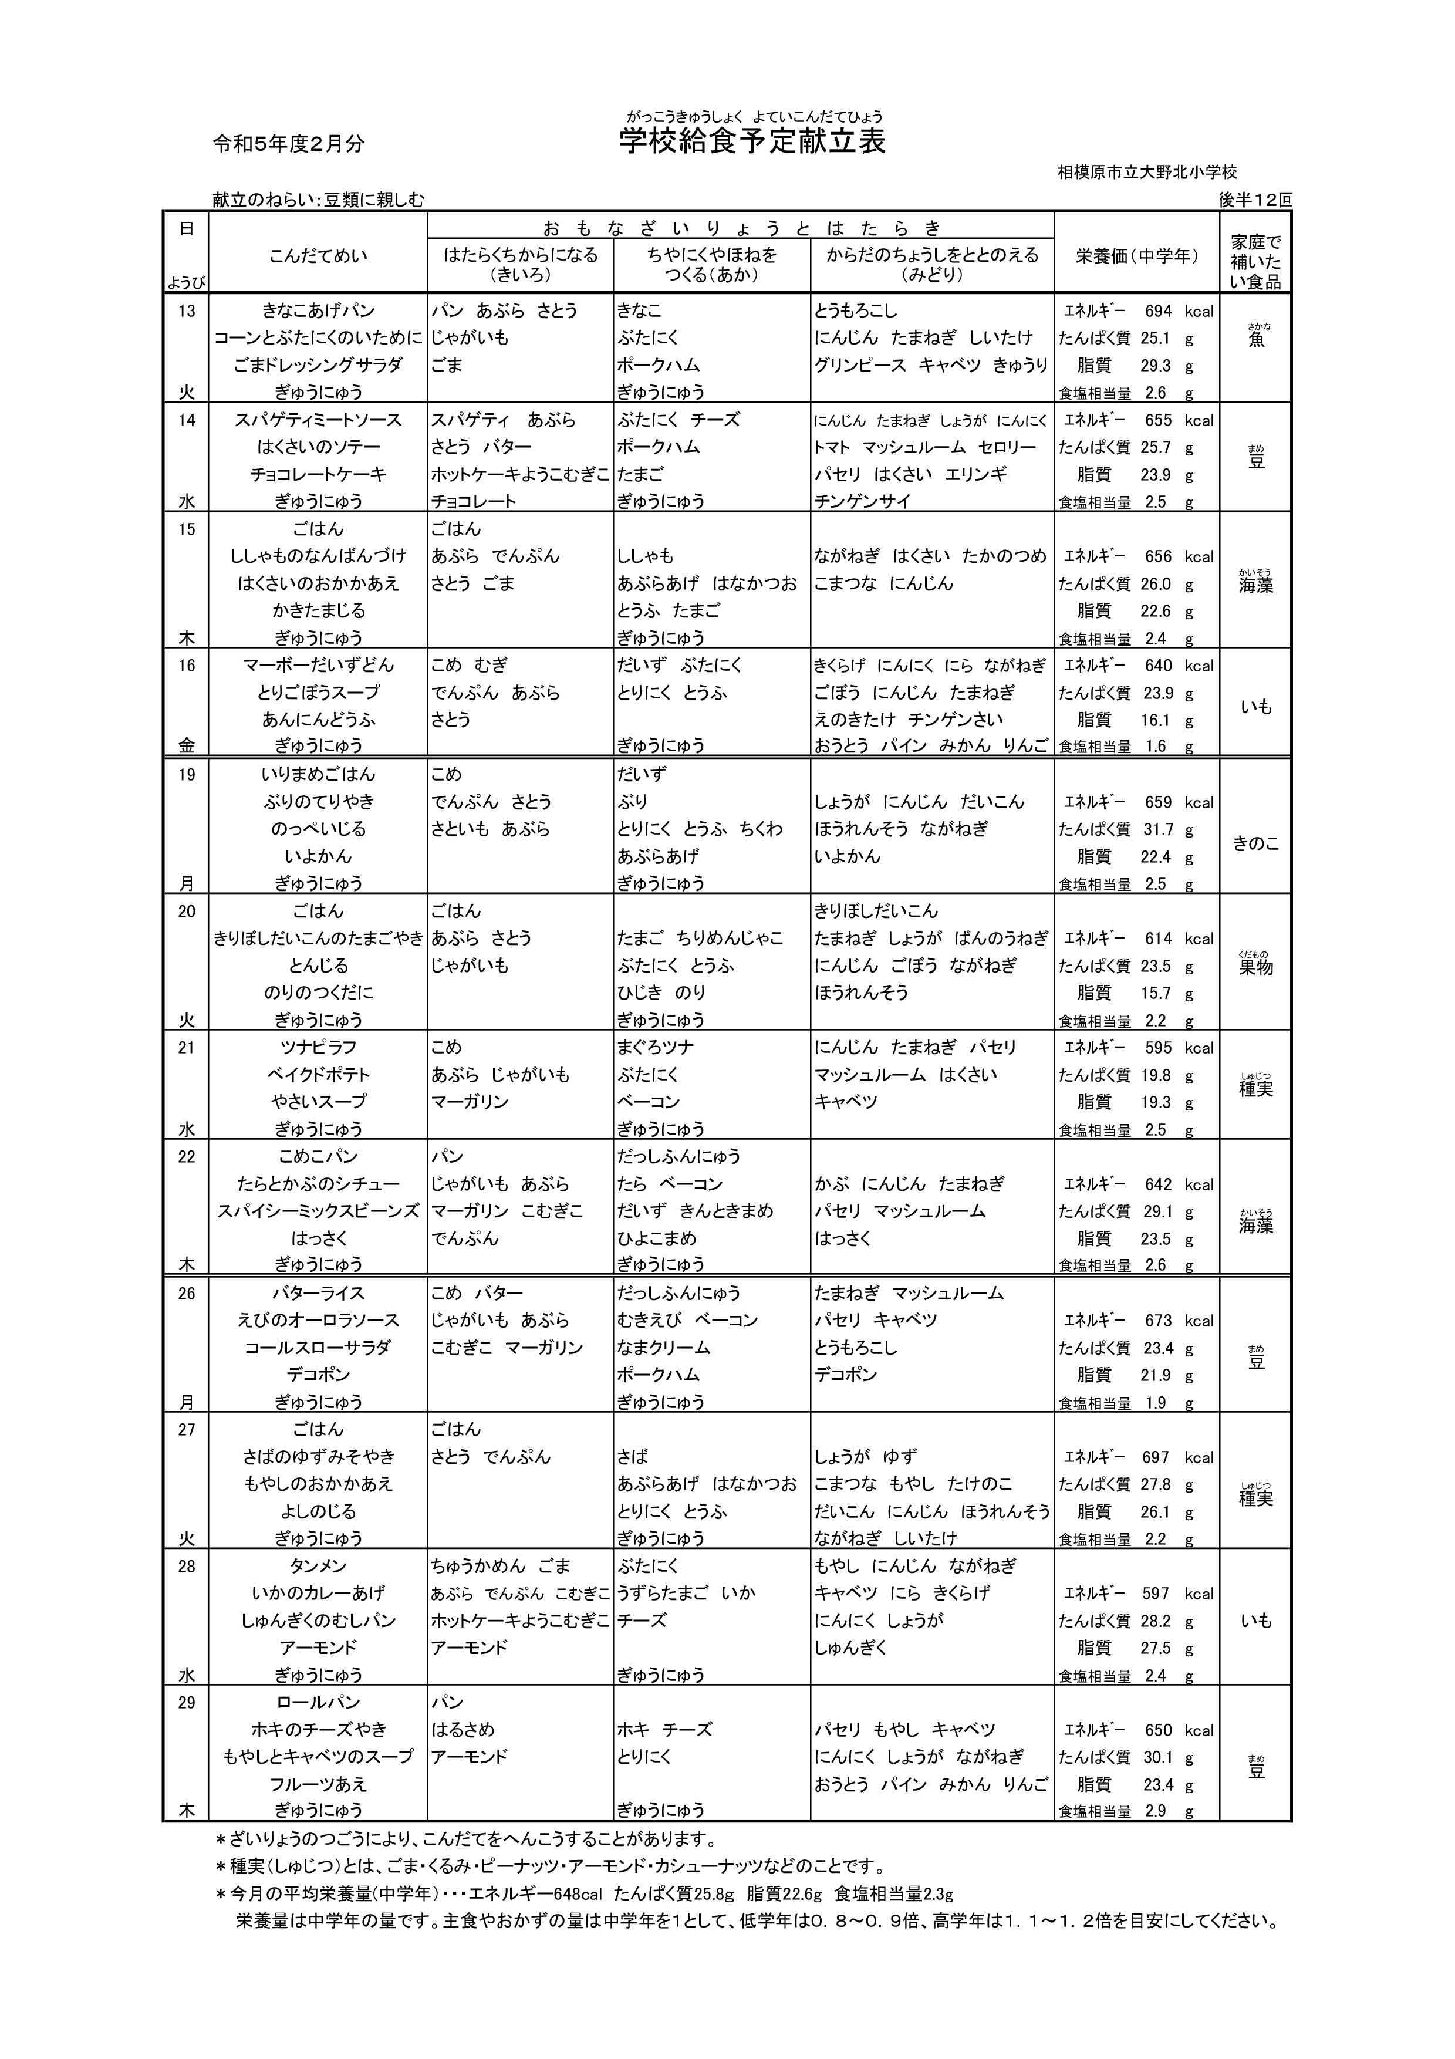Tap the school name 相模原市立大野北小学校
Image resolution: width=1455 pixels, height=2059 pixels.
point(1147,171)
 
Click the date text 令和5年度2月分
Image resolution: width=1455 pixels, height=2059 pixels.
point(289,143)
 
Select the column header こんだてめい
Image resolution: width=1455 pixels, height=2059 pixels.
point(318,256)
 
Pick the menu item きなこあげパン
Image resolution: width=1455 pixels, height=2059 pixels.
point(318,311)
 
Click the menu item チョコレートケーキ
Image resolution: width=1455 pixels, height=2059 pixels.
point(318,474)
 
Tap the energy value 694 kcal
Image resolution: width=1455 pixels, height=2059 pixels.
point(1157,311)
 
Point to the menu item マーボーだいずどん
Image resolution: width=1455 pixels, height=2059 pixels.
point(318,666)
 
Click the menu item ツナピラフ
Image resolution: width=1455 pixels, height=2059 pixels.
point(318,1048)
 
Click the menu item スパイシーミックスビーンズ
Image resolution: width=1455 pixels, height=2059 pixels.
point(318,1211)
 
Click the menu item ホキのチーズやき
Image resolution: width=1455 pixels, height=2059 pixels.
point(318,1729)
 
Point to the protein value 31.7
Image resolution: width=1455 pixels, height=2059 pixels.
point(1156,829)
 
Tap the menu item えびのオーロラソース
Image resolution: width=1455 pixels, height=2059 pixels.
point(318,1320)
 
